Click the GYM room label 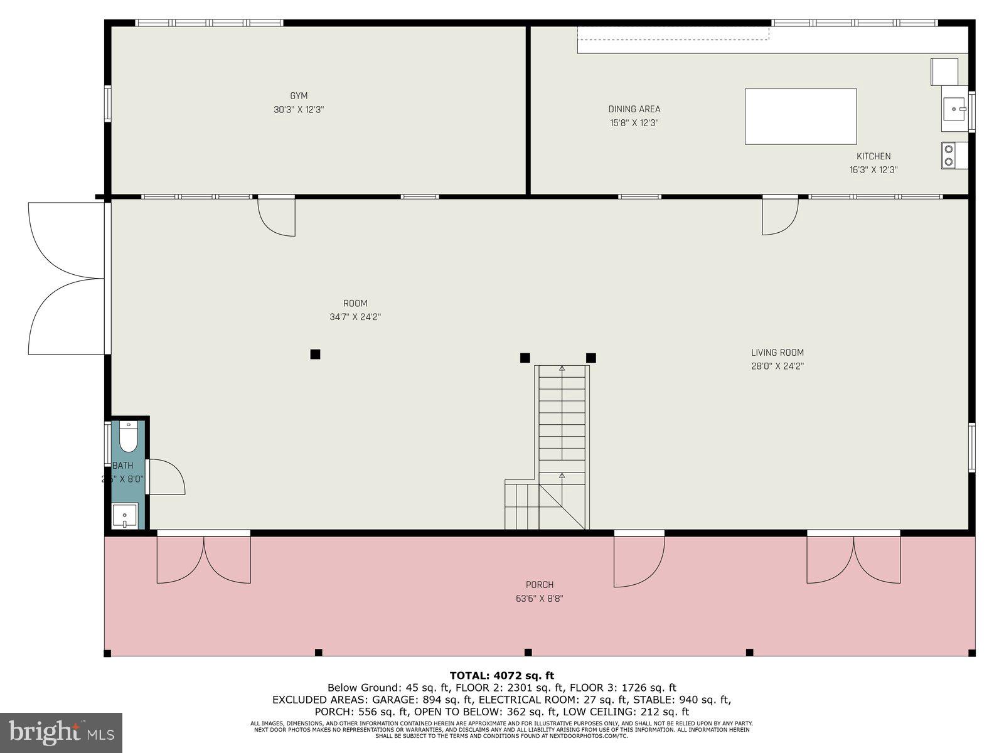pos(299,96)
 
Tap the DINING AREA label pos(634,109)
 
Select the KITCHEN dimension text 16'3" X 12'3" pos(873,170)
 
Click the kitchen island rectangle pos(800,117)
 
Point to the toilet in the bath pos(129,437)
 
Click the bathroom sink pos(125,516)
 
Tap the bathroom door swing pos(166,478)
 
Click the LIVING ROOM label pos(777,353)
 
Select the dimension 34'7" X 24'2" pos(355,318)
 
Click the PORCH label pos(540,585)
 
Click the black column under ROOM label pos(315,355)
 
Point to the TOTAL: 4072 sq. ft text pos(501,676)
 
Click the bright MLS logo pos(61,732)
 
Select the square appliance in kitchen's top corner pos(944,72)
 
